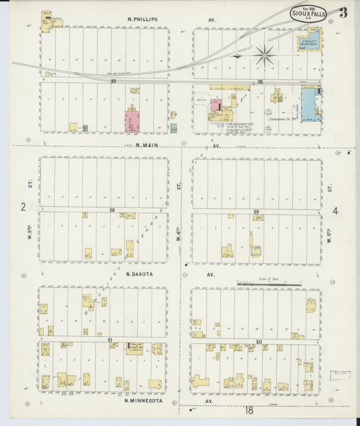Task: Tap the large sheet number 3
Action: point(343,12)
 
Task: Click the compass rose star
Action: point(264,55)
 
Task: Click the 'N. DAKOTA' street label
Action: point(139,274)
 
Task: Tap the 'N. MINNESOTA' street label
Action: point(141,400)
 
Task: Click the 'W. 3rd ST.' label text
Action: point(30,230)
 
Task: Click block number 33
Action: point(113,81)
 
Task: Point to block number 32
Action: point(259,81)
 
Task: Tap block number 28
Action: point(112,210)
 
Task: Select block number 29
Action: point(256,212)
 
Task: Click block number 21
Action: point(108,340)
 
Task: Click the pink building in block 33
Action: point(132,122)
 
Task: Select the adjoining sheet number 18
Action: point(249,410)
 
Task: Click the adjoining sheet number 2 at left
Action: point(22,207)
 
